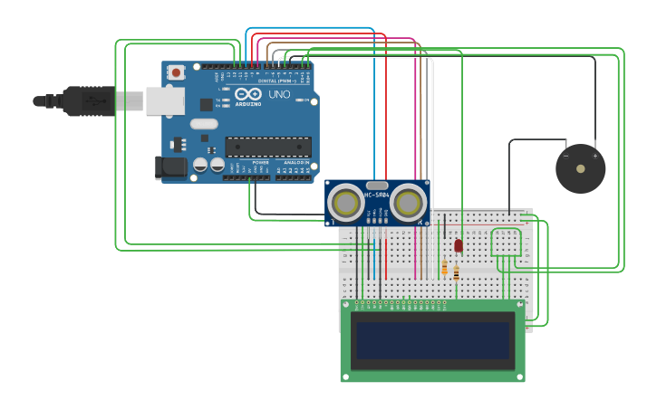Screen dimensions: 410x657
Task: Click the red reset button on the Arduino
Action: point(176,72)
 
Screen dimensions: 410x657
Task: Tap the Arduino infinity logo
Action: point(247,93)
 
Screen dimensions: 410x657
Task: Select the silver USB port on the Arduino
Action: point(165,100)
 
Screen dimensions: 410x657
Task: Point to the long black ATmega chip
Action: point(267,147)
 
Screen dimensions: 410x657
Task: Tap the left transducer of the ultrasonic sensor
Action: point(345,201)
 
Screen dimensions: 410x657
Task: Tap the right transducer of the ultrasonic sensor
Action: point(409,201)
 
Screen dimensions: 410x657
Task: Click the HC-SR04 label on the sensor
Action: point(377,195)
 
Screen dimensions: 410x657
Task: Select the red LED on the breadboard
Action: point(459,245)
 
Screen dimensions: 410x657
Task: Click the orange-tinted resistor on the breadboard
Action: point(444,268)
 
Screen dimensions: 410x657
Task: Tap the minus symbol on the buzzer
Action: point(565,156)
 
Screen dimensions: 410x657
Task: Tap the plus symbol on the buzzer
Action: point(595,156)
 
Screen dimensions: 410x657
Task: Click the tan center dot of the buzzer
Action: point(580,168)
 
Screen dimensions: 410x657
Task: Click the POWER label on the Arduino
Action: point(260,162)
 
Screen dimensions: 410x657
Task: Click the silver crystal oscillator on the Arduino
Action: point(204,124)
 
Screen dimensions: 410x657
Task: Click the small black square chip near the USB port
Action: point(207,105)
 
